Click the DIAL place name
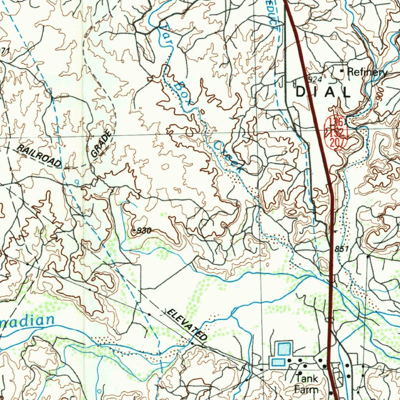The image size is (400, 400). (323, 92)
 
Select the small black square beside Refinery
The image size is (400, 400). (342, 71)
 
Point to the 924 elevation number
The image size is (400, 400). (314, 80)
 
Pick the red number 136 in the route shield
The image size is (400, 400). (336, 121)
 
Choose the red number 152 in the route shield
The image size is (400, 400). (337, 132)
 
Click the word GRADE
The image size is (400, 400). (101, 144)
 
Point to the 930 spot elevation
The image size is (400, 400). (143, 231)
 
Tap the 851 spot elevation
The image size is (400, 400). (341, 248)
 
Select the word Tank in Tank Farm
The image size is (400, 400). (307, 378)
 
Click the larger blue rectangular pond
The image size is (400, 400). (284, 348)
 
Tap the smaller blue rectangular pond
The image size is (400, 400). (278, 362)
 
